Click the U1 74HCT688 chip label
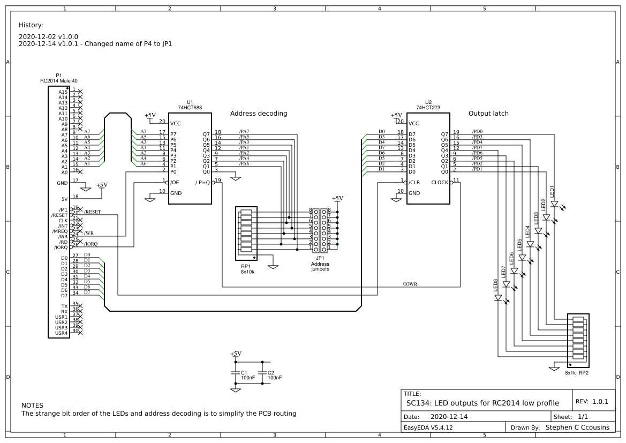tap(189, 105)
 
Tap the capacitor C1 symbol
tap(235, 372)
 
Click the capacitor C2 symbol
tap(262, 372)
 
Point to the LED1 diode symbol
tap(554, 204)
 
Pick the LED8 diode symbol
tap(498, 298)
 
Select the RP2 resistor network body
tap(578, 339)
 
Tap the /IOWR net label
tap(410, 284)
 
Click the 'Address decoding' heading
tap(259, 114)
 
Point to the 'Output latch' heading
tap(488, 114)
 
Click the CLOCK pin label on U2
tap(439, 183)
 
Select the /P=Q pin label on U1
tap(203, 183)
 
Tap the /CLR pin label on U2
tap(414, 183)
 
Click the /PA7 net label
tap(244, 132)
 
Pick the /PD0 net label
tap(477, 132)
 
